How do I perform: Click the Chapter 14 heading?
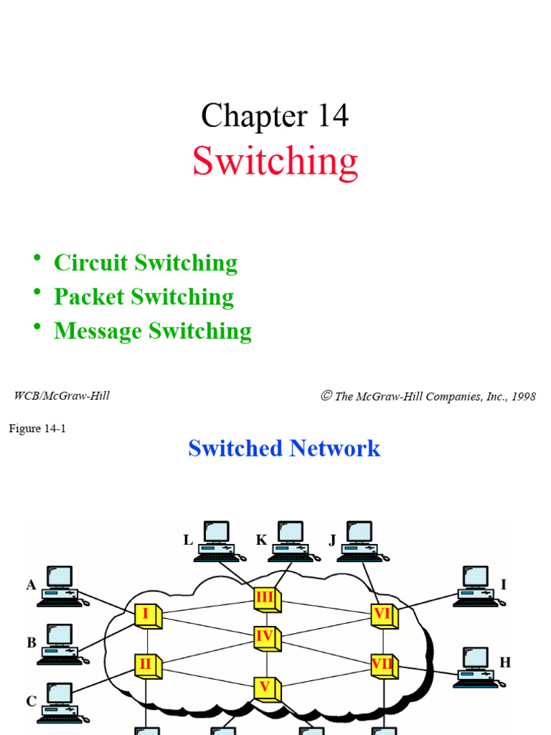(x=275, y=116)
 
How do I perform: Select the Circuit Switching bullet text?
(x=146, y=263)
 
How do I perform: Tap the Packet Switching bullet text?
(x=143, y=296)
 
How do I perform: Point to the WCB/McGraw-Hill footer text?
(x=62, y=395)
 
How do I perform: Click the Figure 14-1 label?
(x=37, y=429)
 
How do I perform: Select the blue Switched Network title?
(x=284, y=449)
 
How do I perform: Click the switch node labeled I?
(x=147, y=614)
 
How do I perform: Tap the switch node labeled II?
(x=146, y=665)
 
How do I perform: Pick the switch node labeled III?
(x=265, y=597)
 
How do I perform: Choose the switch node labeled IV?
(x=265, y=636)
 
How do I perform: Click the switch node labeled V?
(x=265, y=687)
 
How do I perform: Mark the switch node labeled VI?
(x=383, y=614)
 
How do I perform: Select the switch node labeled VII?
(x=383, y=664)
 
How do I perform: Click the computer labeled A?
(x=60, y=586)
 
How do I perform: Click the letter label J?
(x=333, y=540)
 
